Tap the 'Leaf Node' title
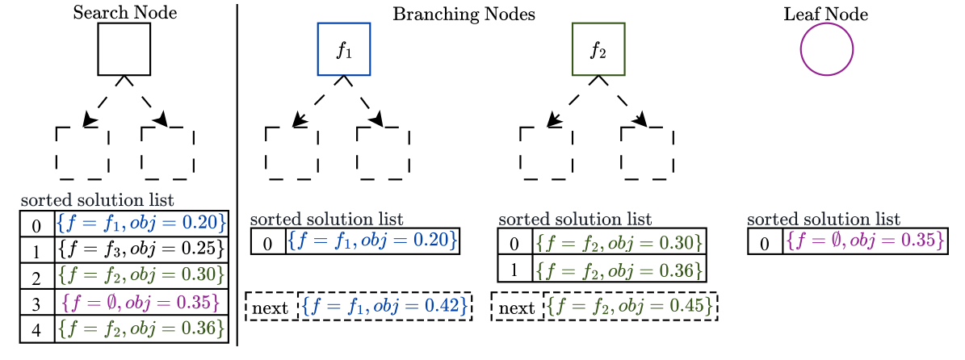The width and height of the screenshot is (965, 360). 825,15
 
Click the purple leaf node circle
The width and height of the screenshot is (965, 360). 826,49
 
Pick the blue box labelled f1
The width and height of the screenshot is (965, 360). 344,49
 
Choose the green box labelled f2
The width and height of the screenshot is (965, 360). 598,49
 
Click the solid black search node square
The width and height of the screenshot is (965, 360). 124,49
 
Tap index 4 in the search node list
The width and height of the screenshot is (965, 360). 36,329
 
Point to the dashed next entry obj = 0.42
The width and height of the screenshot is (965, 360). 384,307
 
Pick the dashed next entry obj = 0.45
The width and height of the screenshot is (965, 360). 631,307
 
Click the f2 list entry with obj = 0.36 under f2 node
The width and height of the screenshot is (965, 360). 619,269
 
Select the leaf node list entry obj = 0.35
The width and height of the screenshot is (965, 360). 865,241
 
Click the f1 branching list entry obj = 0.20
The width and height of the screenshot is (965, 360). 372,241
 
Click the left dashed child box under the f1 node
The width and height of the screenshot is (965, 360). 291,153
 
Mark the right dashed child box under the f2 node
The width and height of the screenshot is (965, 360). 647,153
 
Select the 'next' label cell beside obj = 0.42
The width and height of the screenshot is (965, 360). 271,308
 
